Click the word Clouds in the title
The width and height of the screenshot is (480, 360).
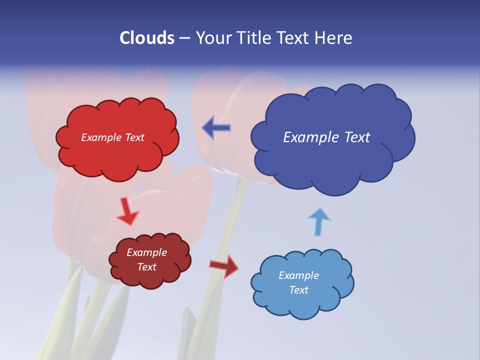tap(146, 38)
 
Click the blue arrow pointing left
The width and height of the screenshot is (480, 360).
tap(216, 127)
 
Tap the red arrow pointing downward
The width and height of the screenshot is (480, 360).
tap(127, 211)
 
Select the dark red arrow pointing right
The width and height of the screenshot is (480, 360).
tap(224, 265)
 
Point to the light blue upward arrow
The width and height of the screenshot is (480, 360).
tap(318, 221)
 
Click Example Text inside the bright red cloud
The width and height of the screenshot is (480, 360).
tap(112, 137)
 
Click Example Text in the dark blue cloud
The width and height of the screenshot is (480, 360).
tap(326, 137)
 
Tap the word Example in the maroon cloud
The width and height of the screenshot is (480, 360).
tap(146, 252)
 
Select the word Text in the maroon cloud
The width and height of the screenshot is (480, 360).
tap(147, 267)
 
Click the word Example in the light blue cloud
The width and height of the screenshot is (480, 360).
tap(298, 275)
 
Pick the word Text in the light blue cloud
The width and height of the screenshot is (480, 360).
tap(299, 290)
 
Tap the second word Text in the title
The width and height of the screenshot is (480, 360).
tap(295, 38)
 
